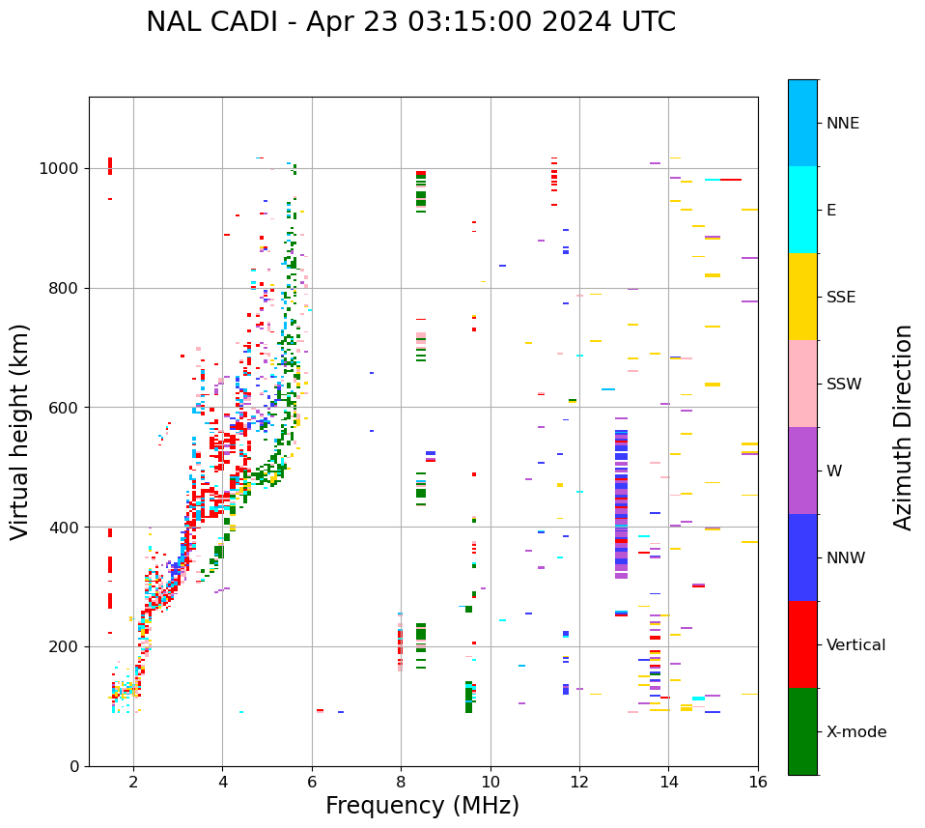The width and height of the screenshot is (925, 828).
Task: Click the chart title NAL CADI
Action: point(410,22)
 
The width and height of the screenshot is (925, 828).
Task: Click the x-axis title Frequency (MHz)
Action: point(422,806)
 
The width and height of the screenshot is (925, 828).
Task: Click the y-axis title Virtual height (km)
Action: point(20,431)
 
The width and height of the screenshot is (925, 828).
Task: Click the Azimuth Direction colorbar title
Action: point(903,427)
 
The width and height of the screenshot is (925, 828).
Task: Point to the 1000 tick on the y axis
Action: point(61,168)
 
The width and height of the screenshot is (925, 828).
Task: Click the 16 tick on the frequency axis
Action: point(757,782)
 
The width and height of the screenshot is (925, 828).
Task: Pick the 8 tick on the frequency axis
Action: point(401,782)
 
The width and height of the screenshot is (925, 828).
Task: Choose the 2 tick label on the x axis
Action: point(133,782)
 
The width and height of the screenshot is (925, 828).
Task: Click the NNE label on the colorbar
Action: point(843,124)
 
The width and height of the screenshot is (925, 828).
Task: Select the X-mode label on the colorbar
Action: point(856,732)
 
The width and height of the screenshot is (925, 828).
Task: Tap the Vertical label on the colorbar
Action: point(855,645)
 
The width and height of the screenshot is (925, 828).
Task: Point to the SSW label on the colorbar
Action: point(844,385)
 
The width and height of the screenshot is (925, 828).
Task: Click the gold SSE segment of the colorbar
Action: point(802,297)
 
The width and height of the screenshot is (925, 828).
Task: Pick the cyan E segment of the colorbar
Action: point(802,210)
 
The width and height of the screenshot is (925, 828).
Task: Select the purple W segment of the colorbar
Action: point(802,471)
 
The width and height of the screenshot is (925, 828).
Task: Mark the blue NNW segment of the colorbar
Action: point(802,557)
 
